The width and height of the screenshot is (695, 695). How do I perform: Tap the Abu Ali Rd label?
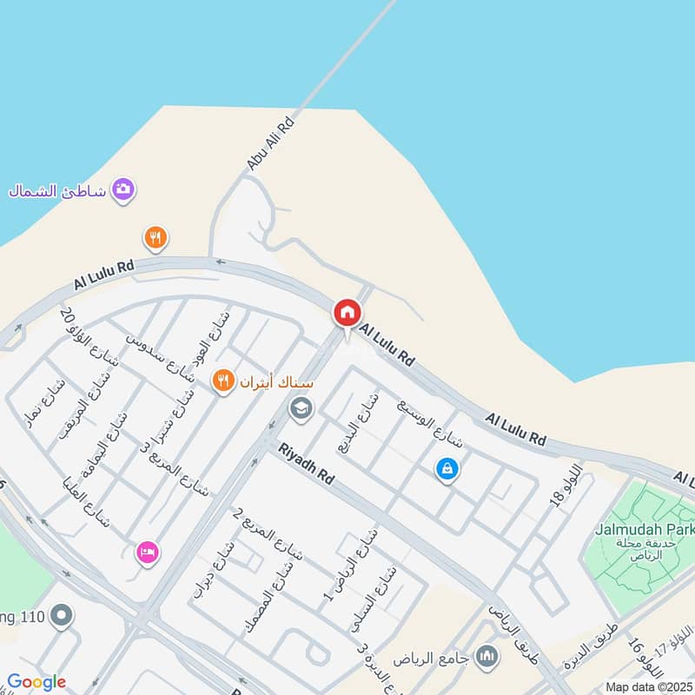pyautogui.click(x=271, y=142)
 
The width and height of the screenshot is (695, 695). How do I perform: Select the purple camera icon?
pyautogui.click(x=123, y=189)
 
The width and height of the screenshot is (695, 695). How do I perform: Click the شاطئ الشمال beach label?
pyautogui.click(x=56, y=191)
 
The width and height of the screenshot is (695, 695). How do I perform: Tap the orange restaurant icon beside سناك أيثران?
pyautogui.click(x=224, y=380)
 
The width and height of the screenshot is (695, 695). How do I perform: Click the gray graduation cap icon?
pyautogui.click(x=301, y=407)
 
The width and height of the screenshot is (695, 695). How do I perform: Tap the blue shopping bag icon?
pyautogui.click(x=447, y=470)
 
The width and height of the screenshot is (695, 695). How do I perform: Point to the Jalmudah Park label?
pyautogui.click(x=645, y=529)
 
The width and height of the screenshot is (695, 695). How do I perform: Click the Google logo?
pyautogui.click(x=36, y=682)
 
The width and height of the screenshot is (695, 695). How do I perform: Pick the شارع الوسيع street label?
pyautogui.click(x=431, y=425)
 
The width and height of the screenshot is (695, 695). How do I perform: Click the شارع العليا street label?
pyautogui.click(x=87, y=501)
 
